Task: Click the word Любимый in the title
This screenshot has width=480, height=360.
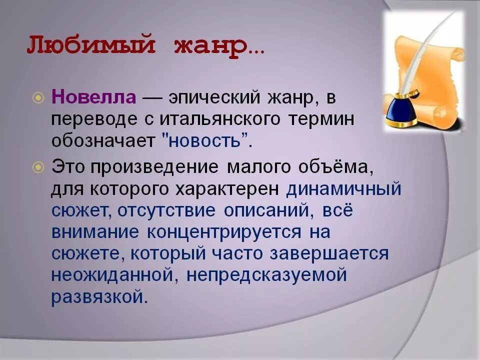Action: [87, 46]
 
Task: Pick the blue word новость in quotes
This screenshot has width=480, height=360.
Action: [205, 141]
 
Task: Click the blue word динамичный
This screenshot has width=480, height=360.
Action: [344, 189]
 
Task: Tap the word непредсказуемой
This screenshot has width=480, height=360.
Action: [268, 275]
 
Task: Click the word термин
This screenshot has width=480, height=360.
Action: [326, 119]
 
